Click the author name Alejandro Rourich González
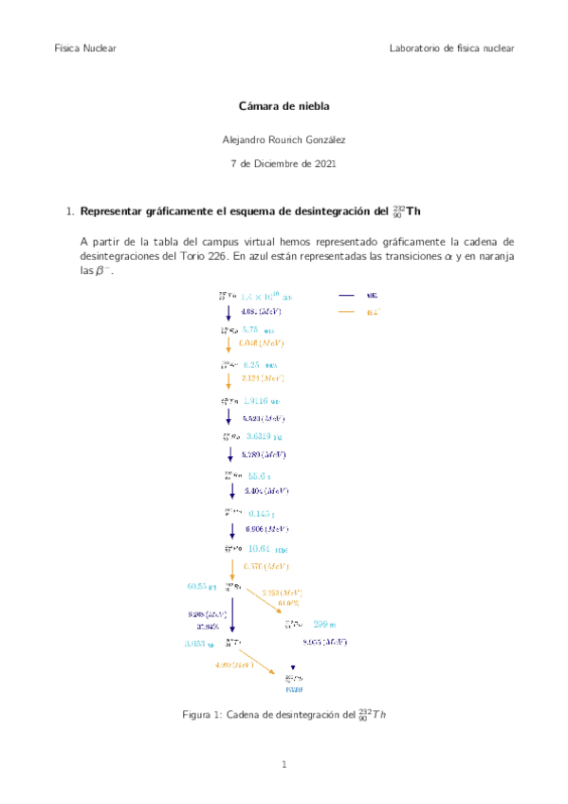tap(284, 139)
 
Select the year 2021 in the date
tap(321, 164)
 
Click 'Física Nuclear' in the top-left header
tap(85, 48)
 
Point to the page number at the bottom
tap(284, 763)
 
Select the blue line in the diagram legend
tap(347, 295)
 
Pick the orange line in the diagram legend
tap(347, 312)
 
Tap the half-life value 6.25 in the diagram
tap(251, 365)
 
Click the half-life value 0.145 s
tap(260, 513)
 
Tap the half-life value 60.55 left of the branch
tap(201, 586)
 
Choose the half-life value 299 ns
tap(325, 624)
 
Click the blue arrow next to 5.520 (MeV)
tap(229, 418)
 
